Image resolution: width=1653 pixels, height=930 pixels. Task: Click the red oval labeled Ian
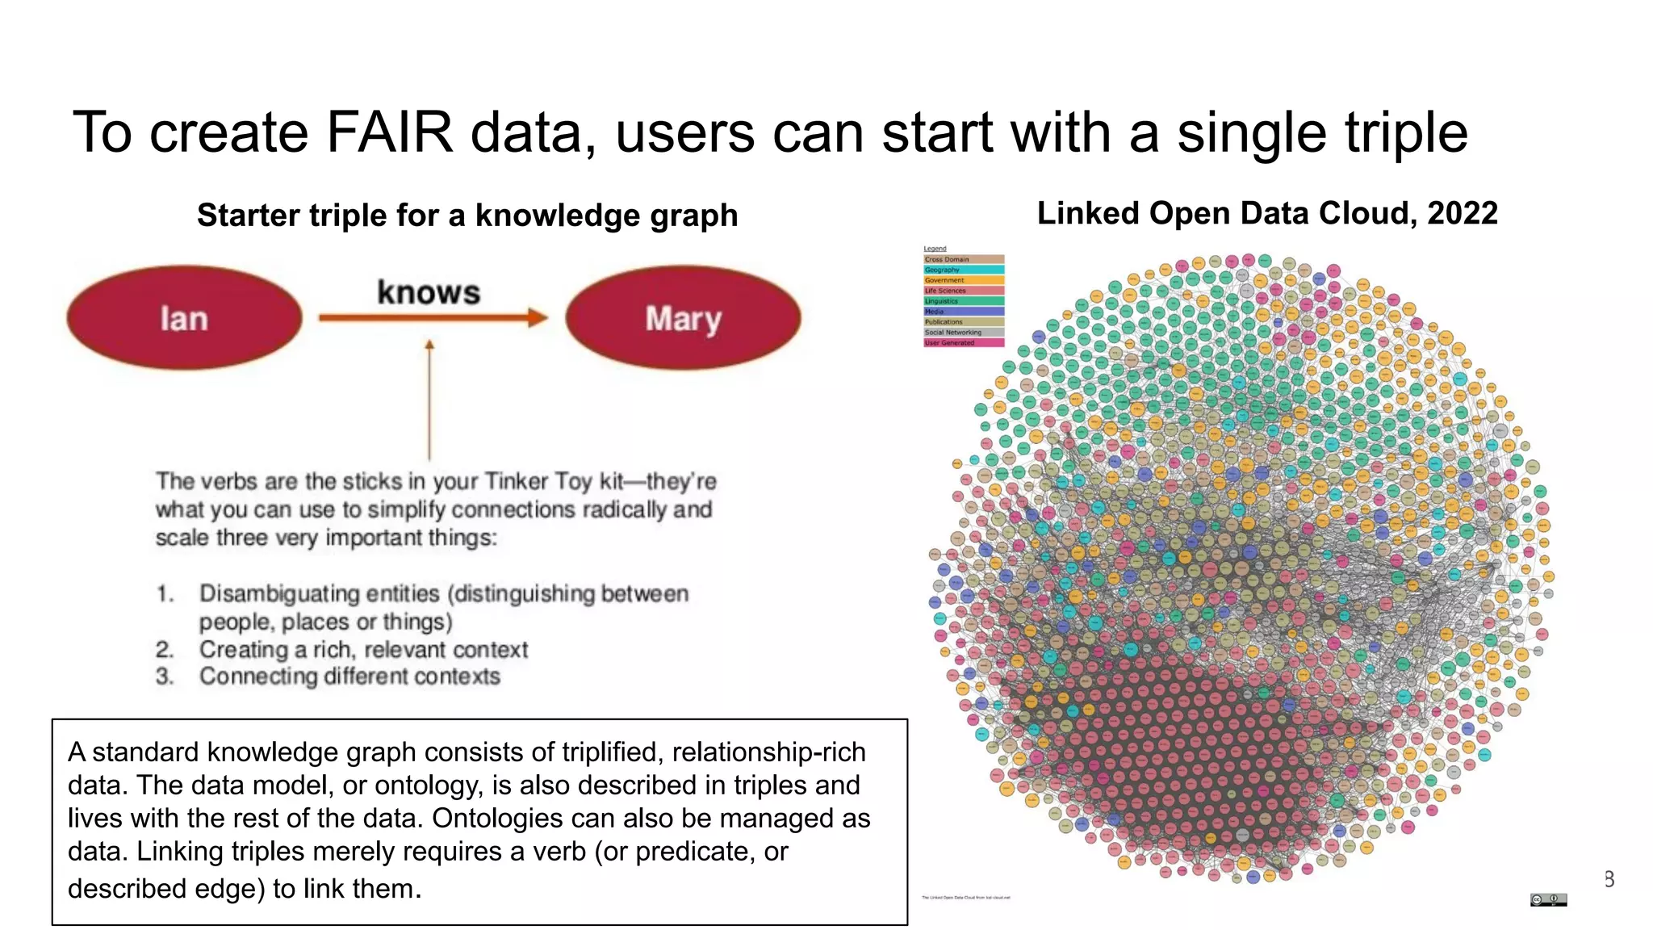tap(184, 318)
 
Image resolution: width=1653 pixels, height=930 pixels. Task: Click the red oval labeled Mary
tap(683, 318)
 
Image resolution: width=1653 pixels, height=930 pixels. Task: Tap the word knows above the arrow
tap(429, 292)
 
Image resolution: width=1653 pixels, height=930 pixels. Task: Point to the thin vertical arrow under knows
tap(429, 400)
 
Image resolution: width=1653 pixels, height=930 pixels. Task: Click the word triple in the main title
tap(1405, 132)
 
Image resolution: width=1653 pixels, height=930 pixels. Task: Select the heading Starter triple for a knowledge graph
tap(467, 216)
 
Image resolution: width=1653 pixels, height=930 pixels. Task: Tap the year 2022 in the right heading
tap(1462, 213)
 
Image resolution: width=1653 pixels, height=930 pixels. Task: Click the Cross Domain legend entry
tap(963, 259)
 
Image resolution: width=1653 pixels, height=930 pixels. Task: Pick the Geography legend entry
tap(963, 270)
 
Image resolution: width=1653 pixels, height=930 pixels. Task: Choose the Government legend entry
tap(963, 280)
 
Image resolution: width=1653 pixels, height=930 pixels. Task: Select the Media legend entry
tap(963, 311)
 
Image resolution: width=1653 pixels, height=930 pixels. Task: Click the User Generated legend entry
tap(963, 342)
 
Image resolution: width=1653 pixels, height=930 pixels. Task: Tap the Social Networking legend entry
tap(963, 332)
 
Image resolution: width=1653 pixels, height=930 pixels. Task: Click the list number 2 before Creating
tap(165, 649)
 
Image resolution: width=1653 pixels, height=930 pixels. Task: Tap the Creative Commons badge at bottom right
tap(1548, 899)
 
